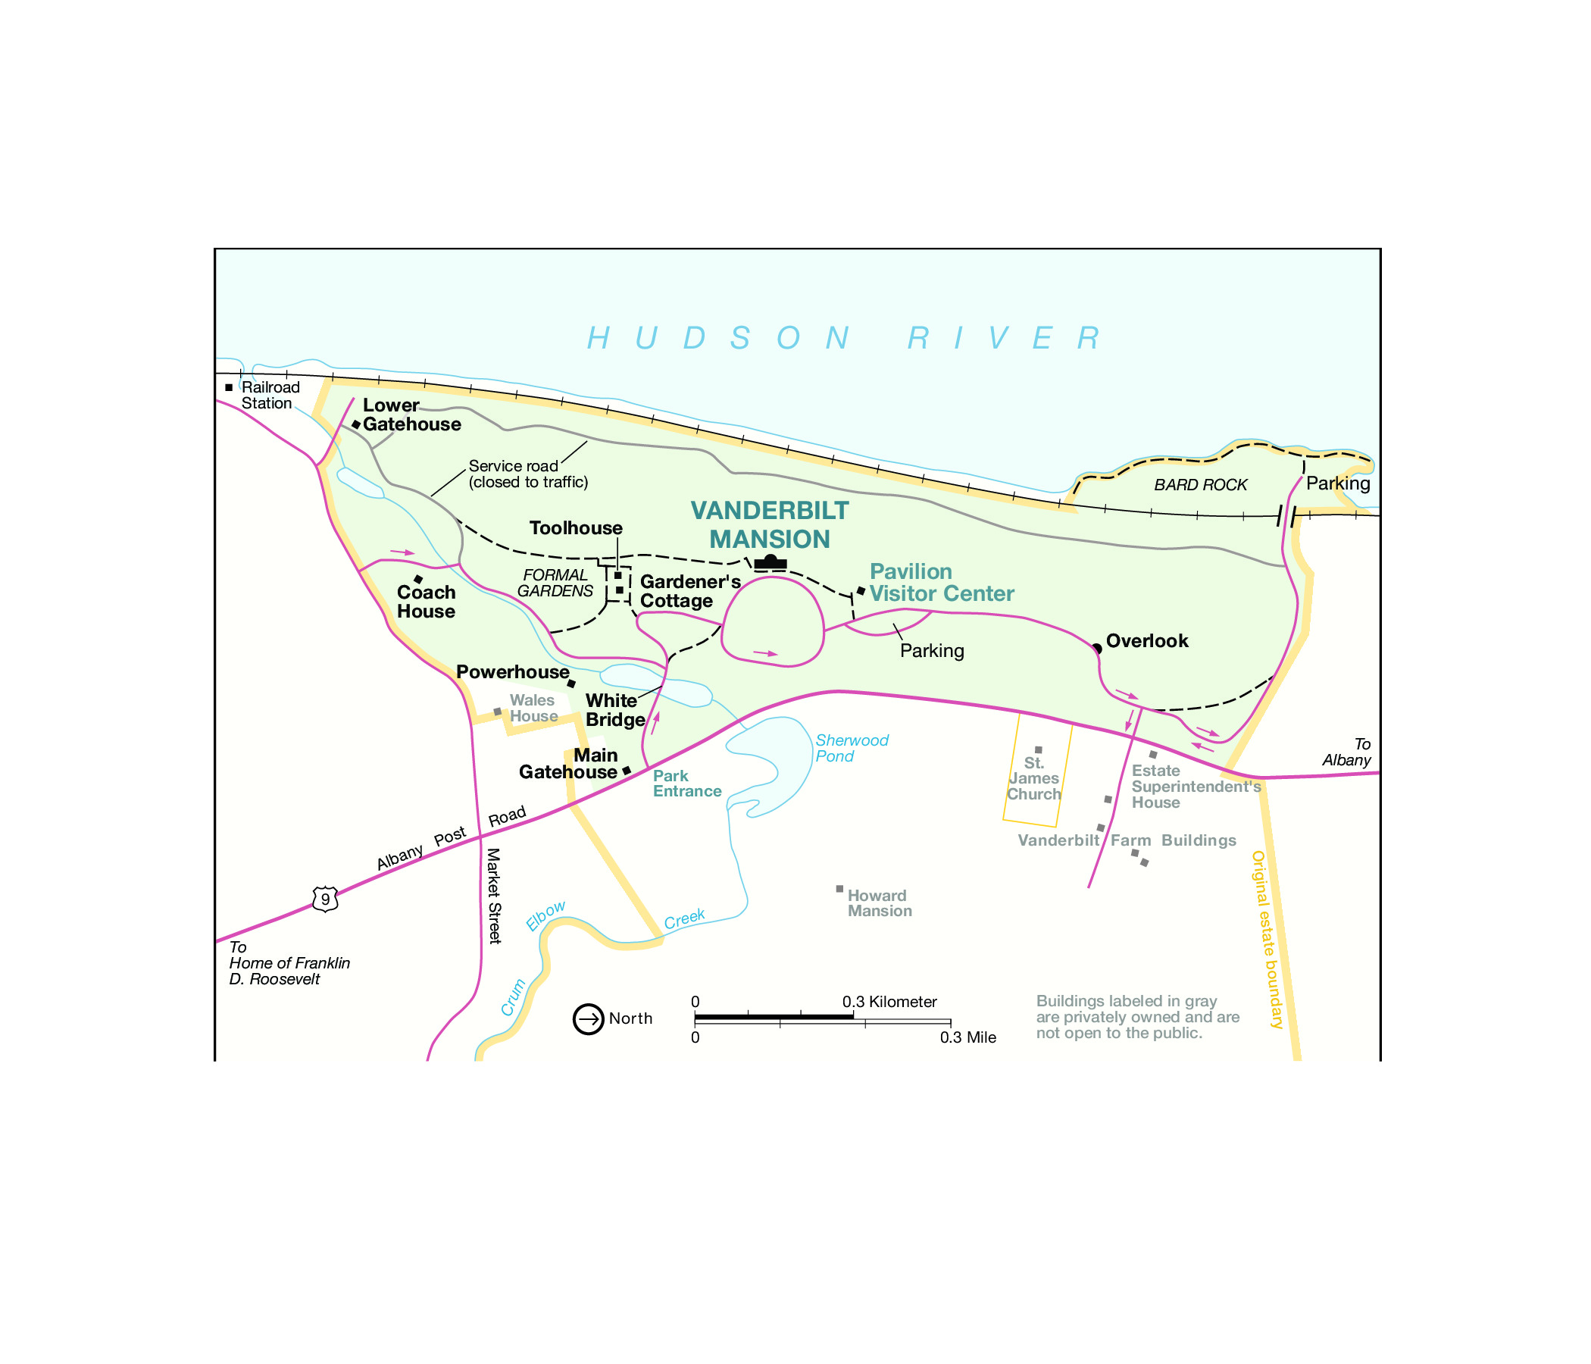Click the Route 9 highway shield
tap(326, 899)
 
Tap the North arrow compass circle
tap(588, 1019)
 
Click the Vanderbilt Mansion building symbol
tap(770, 563)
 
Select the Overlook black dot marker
tap(1097, 649)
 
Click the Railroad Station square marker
tap(229, 388)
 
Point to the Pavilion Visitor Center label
tap(941, 583)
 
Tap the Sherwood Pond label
tap(851, 748)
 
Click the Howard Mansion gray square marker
tap(839, 889)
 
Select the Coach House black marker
tap(418, 579)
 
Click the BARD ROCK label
tap(1200, 485)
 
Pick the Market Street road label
tap(495, 896)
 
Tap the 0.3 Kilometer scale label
tap(889, 1002)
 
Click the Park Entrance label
tap(686, 784)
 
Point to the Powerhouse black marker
tap(571, 684)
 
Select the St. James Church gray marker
tap(1038, 749)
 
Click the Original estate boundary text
tap(1267, 939)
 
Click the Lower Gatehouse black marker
tap(356, 424)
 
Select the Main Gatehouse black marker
tap(627, 771)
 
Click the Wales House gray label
tap(533, 708)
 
